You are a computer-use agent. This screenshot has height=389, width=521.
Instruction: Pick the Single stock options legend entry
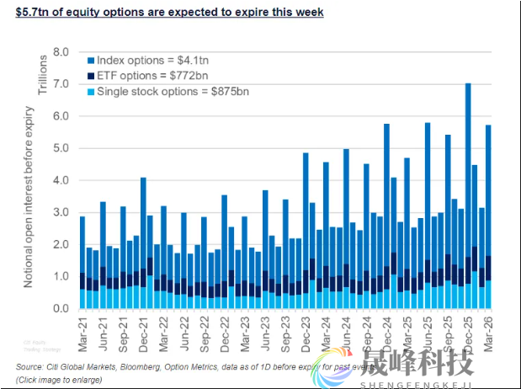tap(167, 91)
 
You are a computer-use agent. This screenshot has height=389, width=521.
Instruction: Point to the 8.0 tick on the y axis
tap(63, 52)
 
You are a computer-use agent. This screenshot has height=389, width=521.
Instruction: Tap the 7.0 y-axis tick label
tap(63, 84)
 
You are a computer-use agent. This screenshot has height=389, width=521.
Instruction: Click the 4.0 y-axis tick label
tap(63, 180)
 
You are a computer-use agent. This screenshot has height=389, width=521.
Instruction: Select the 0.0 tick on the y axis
tap(63, 309)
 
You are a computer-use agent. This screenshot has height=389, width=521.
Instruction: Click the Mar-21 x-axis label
tap(82, 329)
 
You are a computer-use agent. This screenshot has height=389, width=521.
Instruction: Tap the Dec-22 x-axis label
tap(224, 329)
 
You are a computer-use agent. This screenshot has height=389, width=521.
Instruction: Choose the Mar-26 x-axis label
tap(486, 329)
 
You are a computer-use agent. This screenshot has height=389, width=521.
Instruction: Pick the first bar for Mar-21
tap(82, 262)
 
